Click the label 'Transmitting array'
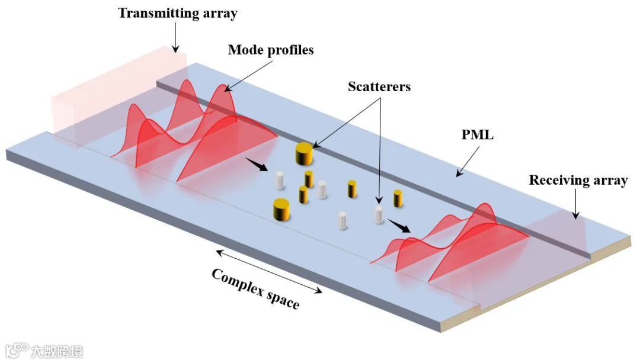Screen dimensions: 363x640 tap(177, 13)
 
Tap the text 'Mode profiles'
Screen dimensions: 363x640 tap(271, 50)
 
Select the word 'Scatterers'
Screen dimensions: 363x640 tap(379, 86)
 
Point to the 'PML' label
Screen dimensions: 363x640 tap(478, 136)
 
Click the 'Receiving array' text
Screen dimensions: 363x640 tap(578, 181)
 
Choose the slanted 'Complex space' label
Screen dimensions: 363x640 tap(255, 289)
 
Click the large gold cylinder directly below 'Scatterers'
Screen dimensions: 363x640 tap(303, 154)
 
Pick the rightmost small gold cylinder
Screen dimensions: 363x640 tap(398, 198)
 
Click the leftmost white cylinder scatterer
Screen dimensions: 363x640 tap(280, 180)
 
